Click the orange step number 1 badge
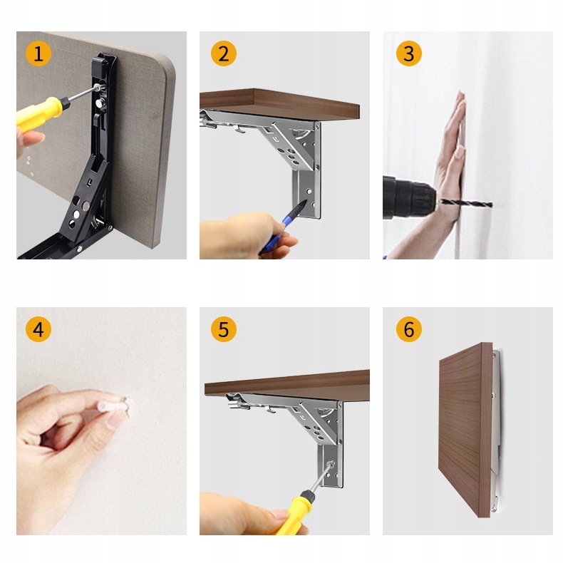pyautogui.click(x=38, y=53)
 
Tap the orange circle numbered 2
pyautogui.click(x=223, y=53)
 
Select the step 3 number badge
pyautogui.click(x=408, y=53)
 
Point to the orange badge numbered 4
pyautogui.click(x=38, y=329)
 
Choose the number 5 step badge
pyautogui.click(x=223, y=329)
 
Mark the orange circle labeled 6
pyautogui.click(x=408, y=329)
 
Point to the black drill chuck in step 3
pyautogui.click(x=408, y=198)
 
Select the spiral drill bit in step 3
pyautogui.click(x=465, y=204)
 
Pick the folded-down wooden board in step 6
pyautogui.click(x=465, y=430)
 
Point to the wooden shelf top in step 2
pyautogui.click(x=279, y=103)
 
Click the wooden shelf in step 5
pyautogui.click(x=287, y=387)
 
